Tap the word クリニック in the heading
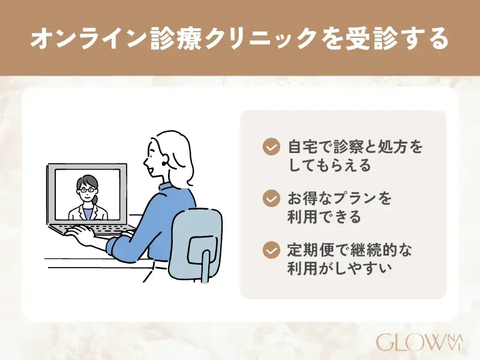click(254, 38)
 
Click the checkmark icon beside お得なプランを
click(272, 198)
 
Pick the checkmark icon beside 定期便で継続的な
click(272, 249)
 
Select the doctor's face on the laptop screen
click(88, 191)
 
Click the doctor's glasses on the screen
click(88, 190)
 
